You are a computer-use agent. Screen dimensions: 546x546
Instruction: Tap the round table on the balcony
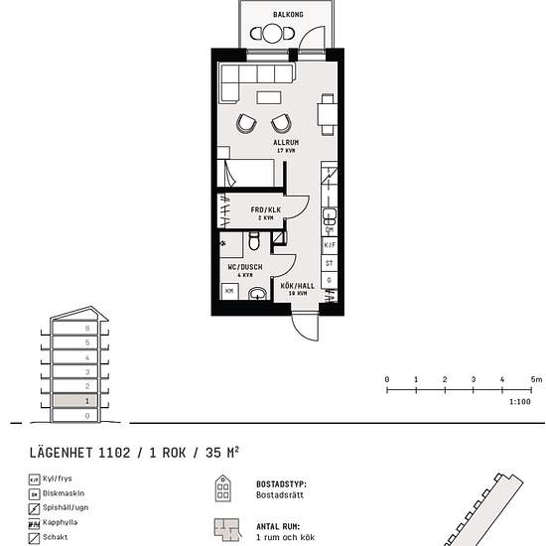click(x=273, y=33)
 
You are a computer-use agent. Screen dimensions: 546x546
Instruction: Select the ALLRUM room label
click(x=286, y=143)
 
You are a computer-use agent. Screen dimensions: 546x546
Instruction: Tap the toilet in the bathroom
click(x=255, y=241)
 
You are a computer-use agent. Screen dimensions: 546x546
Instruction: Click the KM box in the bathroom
click(x=229, y=291)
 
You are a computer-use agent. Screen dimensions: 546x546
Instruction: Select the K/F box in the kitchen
click(x=330, y=244)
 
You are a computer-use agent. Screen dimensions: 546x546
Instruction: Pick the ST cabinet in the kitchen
click(x=330, y=263)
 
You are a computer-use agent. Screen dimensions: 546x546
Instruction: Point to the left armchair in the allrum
click(x=246, y=123)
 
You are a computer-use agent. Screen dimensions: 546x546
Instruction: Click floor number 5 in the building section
click(x=87, y=341)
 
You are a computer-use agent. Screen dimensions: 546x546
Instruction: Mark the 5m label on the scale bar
click(x=534, y=380)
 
